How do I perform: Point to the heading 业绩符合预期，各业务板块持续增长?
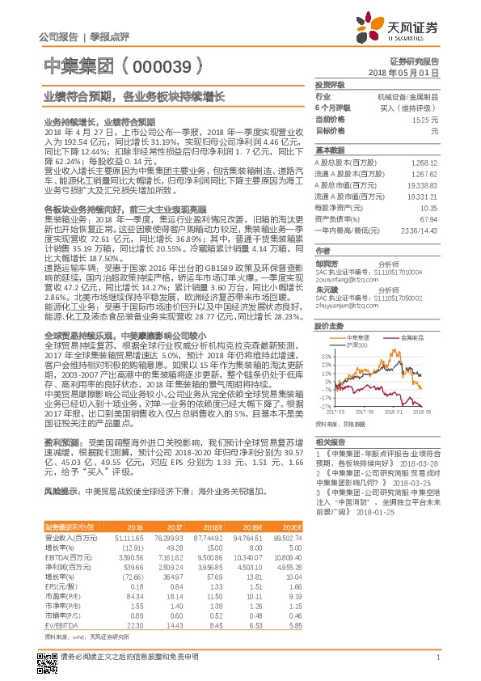point(133,95)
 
